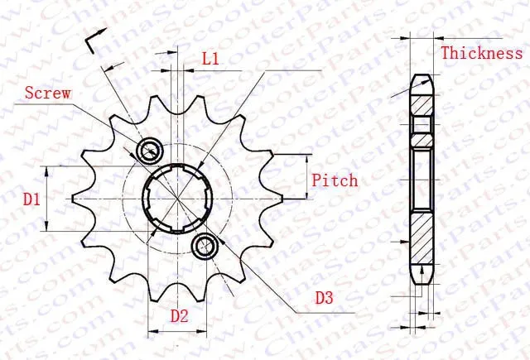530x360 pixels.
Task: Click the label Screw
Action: pyautogui.click(x=47, y=94)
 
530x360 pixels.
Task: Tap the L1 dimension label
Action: pyautogui.click(x=210, y=59)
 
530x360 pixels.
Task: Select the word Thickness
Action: pyautogui.click(x=481, y=54)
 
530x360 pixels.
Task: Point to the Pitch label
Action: pyautogui.click(x=335, y=180)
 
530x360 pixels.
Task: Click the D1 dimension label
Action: pyautogui.click(x=31, y=199)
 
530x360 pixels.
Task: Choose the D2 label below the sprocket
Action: pyautogui.click(x=180, y=315)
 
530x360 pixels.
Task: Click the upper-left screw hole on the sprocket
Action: pyautogui.click(x=150, y=151)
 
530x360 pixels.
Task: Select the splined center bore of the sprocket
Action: pyautogui.click(x=176, y=198)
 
